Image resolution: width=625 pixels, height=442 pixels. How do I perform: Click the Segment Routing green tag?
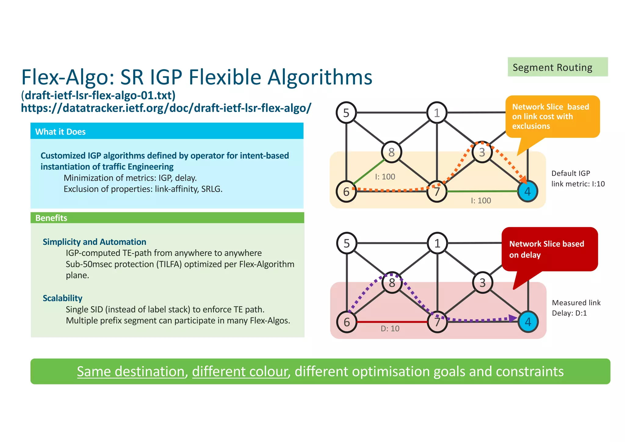click(x=557, y=67)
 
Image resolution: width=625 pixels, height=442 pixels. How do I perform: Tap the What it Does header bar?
click(x=167, y=131)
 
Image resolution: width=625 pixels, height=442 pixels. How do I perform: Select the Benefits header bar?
click(x=167, y=218)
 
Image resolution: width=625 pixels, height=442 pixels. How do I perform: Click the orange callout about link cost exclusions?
click(x=552, y=117)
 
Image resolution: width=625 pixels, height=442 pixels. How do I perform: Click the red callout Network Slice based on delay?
click(x=549, y=249)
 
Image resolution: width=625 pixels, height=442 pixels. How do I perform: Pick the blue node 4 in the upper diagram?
click(x=527, y=191)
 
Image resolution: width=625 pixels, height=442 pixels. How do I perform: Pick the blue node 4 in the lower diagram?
click(x=528, y=322)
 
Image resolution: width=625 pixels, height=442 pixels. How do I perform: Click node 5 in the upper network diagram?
click(x=346, y=113)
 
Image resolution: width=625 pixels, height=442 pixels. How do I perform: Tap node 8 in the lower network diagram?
click(x=392, y=283)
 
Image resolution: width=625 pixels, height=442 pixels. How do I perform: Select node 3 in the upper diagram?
click(x=482, y=152)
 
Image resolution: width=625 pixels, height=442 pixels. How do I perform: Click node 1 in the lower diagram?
click(x=437, y=243)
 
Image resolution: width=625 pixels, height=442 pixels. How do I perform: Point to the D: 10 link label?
click(x=390, y=329)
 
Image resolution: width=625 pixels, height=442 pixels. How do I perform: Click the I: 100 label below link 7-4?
click(x=481, y=201)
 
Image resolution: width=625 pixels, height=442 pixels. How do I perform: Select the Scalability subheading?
click(x=62, y=298)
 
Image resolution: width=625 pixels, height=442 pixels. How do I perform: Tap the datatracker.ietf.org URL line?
click(x=166, y=108)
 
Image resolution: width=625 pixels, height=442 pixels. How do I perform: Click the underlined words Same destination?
click(x=131, y=371)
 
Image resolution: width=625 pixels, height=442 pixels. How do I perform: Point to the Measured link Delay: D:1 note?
click(x=576, y=308)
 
